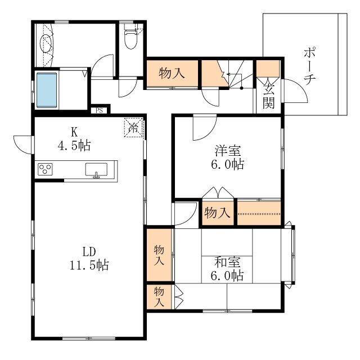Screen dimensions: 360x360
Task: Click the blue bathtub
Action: tap(47, 90)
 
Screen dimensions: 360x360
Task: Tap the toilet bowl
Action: tap(130, 39)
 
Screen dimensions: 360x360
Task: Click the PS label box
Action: tap(99, 110)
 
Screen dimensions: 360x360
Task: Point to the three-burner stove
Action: tap(45, 169)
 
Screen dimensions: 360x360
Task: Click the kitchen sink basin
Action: tap(96, 169)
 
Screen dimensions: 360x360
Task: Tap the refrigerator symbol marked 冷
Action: tap(133, 128)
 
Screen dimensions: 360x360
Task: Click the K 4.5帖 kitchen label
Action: tap(74, 139)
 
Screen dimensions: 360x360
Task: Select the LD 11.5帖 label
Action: tap(89, 258)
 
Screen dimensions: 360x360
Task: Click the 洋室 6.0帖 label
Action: tap(227, 157)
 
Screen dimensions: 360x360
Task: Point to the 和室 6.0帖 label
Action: tap(227, 269)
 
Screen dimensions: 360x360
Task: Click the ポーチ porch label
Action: tap(309, 66)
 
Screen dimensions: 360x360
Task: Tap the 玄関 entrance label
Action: tap(269, 96)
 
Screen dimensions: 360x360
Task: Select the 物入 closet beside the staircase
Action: tap(172, 73)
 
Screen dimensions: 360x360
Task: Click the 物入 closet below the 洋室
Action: tap(218, 213)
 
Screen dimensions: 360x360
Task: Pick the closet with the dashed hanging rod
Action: tap(259, 213)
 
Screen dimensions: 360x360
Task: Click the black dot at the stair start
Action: tap(241, 88)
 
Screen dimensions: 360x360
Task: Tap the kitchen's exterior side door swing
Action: tap(23, 145)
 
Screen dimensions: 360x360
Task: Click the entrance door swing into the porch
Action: tap(296, 91)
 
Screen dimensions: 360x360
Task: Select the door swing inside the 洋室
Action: tap(204, 128)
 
